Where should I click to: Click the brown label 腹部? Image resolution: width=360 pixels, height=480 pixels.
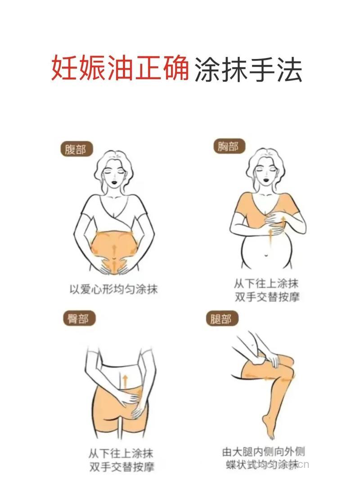[x=76, y=149]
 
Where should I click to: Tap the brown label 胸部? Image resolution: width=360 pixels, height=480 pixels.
[x=228, y=146]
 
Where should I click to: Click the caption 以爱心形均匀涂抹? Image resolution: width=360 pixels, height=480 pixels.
[x=113, y=288]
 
